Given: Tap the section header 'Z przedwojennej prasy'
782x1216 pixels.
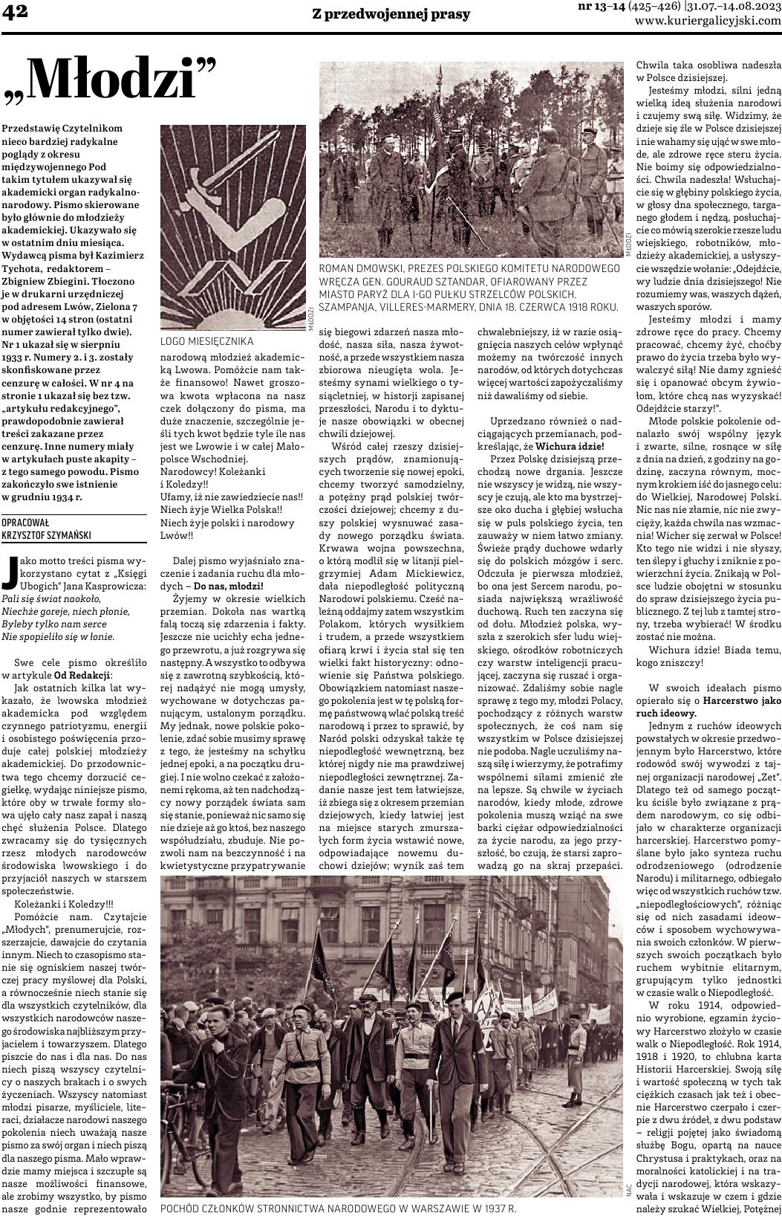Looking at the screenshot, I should pyautogui.click(x=391, y=14).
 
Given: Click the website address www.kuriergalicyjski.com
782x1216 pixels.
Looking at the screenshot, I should pyautogui.click(x=708, y=21).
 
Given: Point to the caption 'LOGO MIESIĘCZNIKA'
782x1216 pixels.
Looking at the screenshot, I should pyautogui.click(x=207, y=341).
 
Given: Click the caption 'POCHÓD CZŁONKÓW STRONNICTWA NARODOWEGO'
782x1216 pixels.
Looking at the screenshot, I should pyautogui.click(x=338, y=1208).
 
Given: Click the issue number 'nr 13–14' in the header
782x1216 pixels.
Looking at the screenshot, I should pyautogui.click(x=601, y=7).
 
